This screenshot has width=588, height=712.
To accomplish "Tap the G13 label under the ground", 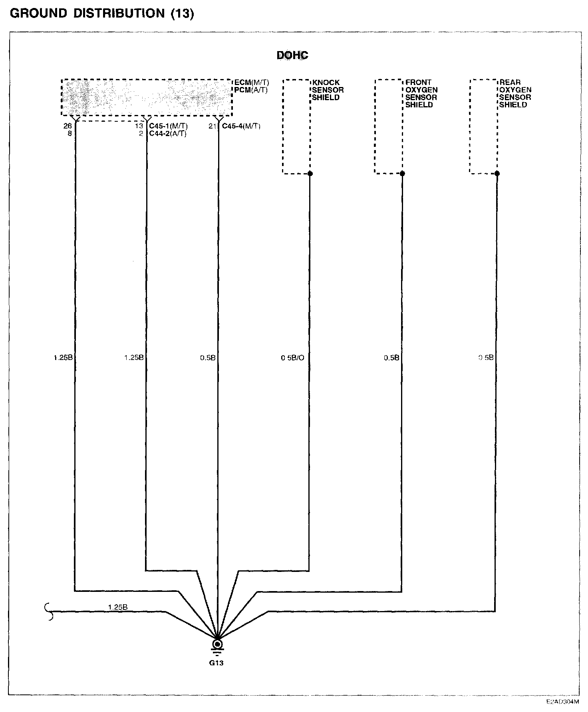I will tap(217, 663).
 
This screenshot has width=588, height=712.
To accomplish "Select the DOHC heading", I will tap(292, 55).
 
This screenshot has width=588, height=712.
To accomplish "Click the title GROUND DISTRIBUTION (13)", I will tap(102, 14).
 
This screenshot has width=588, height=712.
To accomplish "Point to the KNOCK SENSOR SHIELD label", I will tap(328, 90).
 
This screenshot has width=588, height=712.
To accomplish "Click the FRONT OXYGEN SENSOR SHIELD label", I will tap(421, 93).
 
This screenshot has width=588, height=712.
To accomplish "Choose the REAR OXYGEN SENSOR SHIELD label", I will tap(515, 93).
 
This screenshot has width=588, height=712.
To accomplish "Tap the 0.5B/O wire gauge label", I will tap(292, 358).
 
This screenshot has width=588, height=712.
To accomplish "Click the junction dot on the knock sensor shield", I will tap(310, 174).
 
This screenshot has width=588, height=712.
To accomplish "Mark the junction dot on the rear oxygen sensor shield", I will tap(497, 174).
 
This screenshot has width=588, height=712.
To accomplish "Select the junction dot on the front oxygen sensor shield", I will tap(402, 174).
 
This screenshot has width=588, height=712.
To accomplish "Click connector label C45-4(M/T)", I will tap(241, 126).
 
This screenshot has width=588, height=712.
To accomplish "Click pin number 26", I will tap(68, 126).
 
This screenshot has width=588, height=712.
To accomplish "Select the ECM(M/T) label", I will tap(251, 83).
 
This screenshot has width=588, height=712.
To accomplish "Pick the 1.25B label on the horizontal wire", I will tap(117, 607).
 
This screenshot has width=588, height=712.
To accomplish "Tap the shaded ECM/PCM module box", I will tap(147, 97).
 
